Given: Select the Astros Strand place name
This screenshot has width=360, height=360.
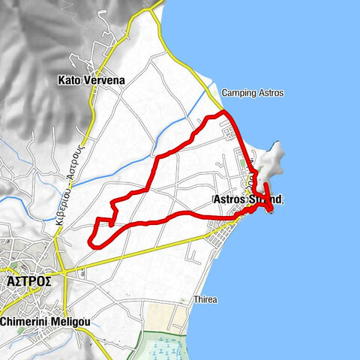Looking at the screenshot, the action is tap(248, 199).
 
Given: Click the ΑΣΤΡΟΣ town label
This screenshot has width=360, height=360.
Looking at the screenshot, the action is tap(28, 280).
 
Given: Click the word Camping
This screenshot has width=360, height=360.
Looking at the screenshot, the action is tap(237, 93).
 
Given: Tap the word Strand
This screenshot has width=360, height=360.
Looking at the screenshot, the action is tap(268, 199).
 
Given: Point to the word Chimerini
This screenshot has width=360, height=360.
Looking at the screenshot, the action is tap(27, 322).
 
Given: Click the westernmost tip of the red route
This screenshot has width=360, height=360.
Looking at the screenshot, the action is tap(89, 241).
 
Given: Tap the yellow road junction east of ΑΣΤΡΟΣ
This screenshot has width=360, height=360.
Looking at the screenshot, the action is tap(66, 270).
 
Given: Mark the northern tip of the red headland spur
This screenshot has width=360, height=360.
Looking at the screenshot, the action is tap(265, 183).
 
